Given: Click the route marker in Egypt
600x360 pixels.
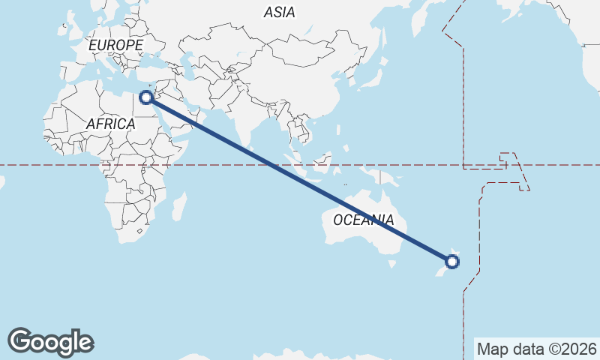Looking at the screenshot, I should tap(147, 97).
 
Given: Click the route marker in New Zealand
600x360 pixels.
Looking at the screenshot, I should tap(452, 262).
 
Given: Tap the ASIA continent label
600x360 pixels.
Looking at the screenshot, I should tap(279, 12).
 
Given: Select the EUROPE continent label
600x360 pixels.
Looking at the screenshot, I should tap(115, 46).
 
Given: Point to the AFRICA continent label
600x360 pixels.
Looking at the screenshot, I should tap(110, 123).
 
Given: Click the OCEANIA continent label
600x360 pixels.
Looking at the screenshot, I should tap(364, 220).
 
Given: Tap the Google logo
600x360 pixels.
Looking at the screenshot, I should tap(50, 342).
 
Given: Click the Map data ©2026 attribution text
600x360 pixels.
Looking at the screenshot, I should tap(536, 349).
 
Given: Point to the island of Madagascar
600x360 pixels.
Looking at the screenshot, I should tap(178, 206).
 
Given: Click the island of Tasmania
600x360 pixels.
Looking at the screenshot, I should tap(391, 263).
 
